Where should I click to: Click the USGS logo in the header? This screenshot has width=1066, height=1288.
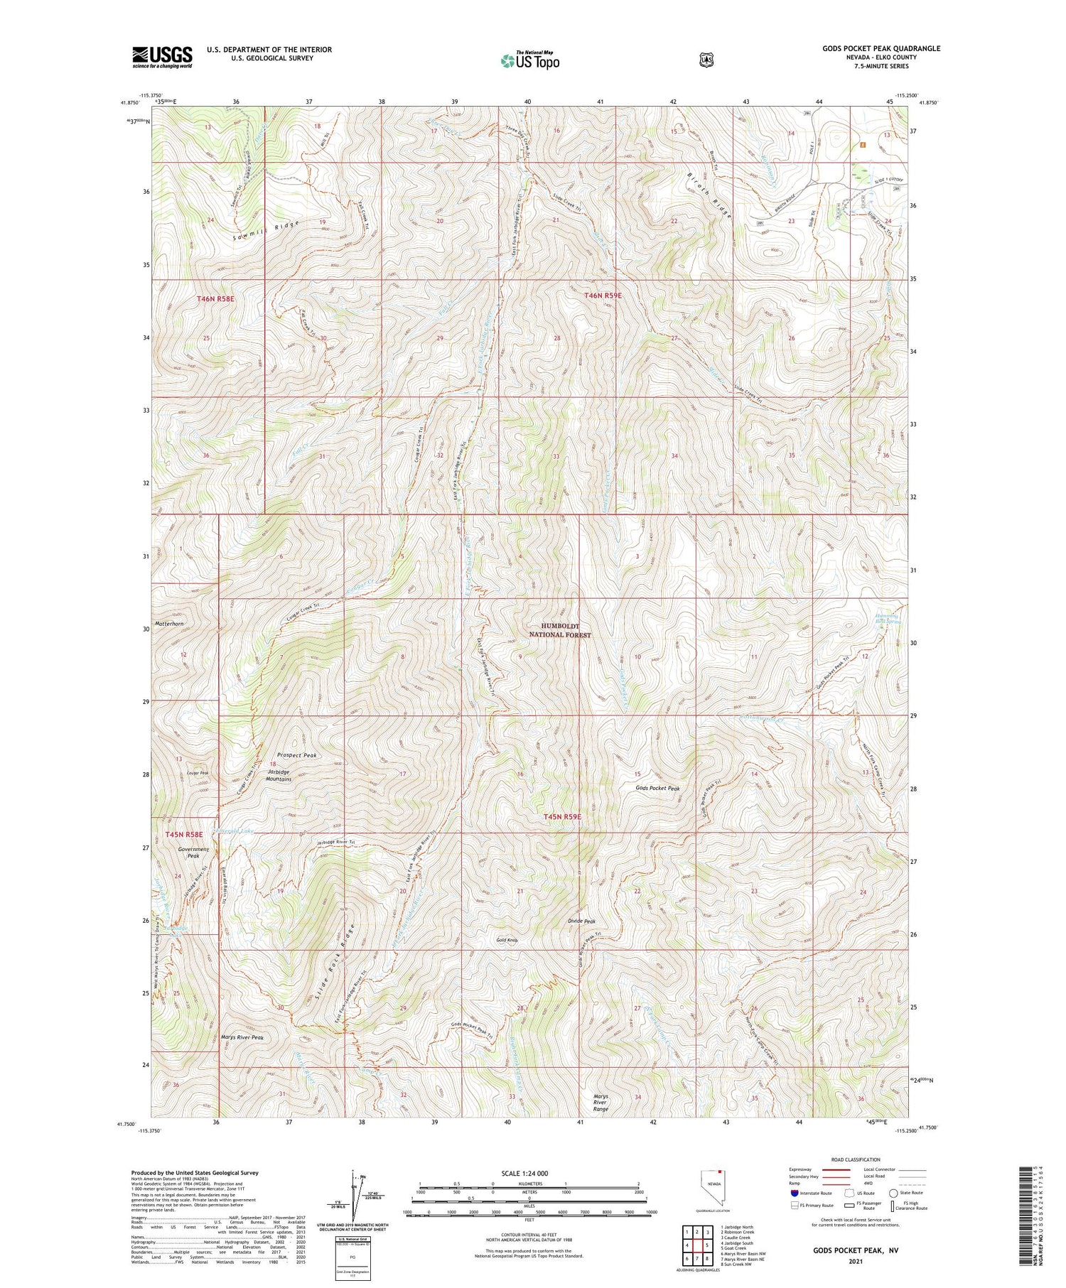pyautogui.click(x=162, y=57)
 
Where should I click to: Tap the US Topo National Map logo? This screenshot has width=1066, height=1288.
pyautogui.click(x=529, y=60)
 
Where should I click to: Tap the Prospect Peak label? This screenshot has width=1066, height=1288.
pyautogui.click(x=296, y=755)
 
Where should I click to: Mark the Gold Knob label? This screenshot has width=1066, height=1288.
pyautogui.click(x=507, y=940)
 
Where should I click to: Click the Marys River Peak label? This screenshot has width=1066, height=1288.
pyautogui.click(x=243, y=1037)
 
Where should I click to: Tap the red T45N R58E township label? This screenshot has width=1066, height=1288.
pyautogui.click(x=184, y=835)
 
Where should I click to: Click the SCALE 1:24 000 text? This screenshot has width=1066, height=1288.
pyautogui.click(x=529, y=1173)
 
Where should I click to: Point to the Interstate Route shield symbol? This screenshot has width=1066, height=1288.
pyautogui.click(x=794, y=1193)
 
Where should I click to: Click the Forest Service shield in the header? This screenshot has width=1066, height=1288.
pyautogui.click(x=704, y=60)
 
